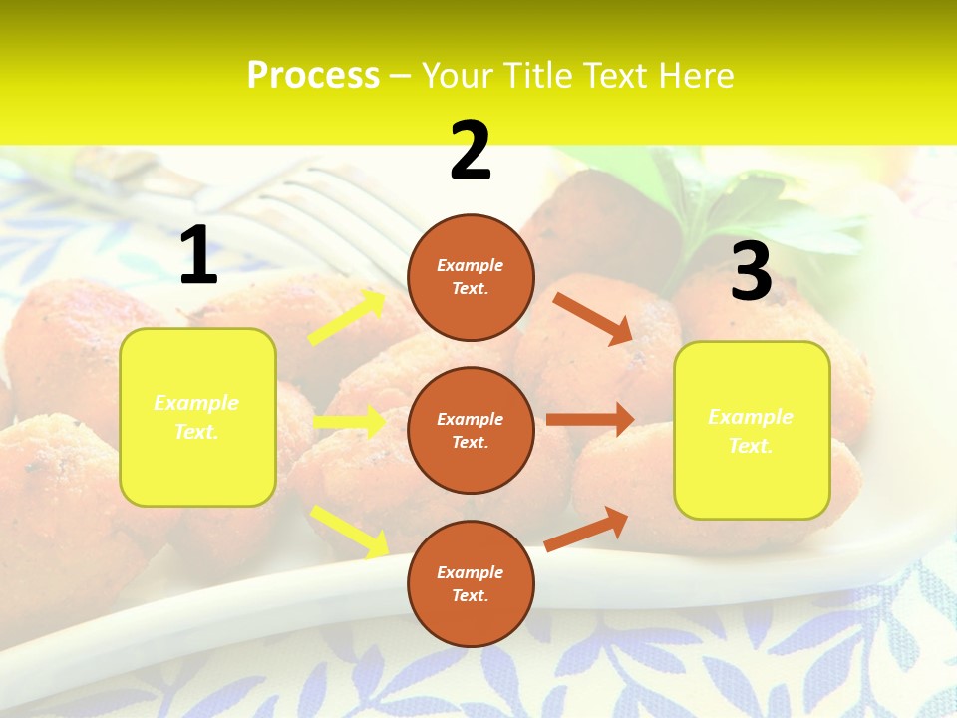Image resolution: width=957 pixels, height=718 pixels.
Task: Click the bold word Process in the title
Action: tap(313, 76)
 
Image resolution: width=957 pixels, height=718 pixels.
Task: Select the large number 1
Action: tap(198, 256)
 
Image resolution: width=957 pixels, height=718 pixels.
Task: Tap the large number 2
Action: tap(471, 151)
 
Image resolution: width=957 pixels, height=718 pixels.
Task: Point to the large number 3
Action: tap(751, 272)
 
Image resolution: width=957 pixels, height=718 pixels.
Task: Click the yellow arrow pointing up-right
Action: tap(348, 318)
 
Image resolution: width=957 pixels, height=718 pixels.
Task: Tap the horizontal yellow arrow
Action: tap(350, 422)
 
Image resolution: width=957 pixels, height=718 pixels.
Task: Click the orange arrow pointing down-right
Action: tap(592, 318)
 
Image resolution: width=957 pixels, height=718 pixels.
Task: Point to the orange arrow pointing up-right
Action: tap(587, 529)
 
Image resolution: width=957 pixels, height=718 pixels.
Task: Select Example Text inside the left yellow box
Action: tap(196, 417)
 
